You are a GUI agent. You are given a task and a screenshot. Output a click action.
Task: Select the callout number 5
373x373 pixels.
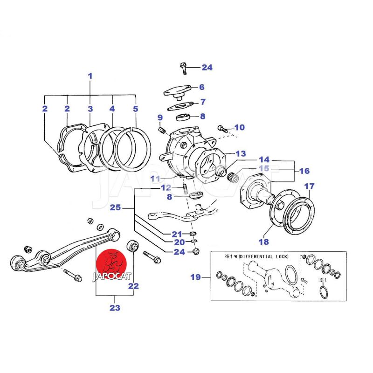pos(135,109)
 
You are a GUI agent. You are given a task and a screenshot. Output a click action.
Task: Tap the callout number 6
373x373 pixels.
pos(201,87)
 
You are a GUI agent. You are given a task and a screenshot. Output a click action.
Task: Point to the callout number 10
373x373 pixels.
pos(239,127)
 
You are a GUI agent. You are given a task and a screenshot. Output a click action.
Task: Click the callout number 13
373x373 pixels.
pos(240,153)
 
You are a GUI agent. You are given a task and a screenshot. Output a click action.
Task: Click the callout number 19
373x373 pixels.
pos(195,277)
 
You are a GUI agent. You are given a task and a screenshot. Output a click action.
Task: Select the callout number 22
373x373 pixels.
pos(133,286)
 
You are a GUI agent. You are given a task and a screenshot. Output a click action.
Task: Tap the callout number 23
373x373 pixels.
pos(115,308)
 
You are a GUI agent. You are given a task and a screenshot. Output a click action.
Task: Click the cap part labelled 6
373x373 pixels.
pos(178,90)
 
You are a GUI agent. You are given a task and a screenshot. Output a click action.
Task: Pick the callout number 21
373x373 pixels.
pos(176,234)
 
